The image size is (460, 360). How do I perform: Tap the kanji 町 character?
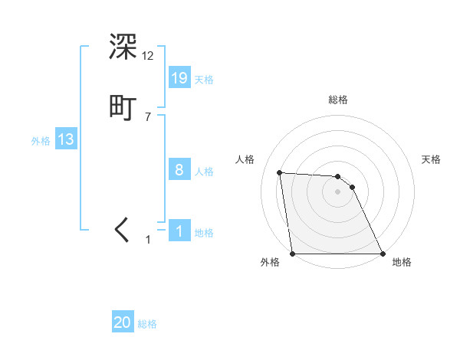coord(123,107)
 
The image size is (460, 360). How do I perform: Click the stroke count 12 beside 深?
coord(147,56)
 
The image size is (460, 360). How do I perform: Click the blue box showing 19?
coord(179,77)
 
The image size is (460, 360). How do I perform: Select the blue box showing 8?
coord(179,170)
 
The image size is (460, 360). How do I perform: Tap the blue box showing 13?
coord(66,139)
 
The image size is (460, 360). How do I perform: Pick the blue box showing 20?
coord(123,322)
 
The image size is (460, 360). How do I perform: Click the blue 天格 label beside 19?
coord(204,79)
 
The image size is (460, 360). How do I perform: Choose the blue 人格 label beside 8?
coord(204,172)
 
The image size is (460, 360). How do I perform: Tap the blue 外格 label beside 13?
coord(41,141)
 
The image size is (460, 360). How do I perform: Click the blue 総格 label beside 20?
coord(147,324)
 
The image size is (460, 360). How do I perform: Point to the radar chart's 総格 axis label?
coord(338,100)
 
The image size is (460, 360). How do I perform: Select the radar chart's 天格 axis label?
coord(432,159)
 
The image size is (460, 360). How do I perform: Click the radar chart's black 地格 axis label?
coord(402,262)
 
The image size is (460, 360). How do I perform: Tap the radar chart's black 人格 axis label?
coord(245,159)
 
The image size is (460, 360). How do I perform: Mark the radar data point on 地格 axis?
coord(383,254)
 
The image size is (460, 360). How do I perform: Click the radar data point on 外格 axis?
coord(293,254)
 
